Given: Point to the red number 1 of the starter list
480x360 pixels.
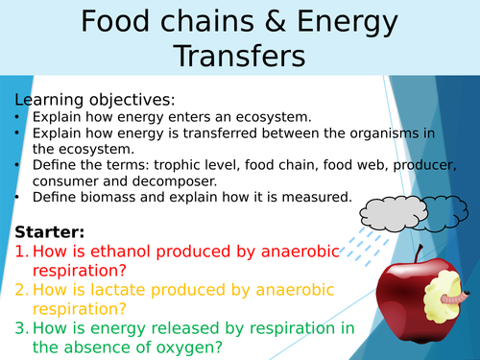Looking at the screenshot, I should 20,252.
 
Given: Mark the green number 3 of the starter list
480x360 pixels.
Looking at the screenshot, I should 20,329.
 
